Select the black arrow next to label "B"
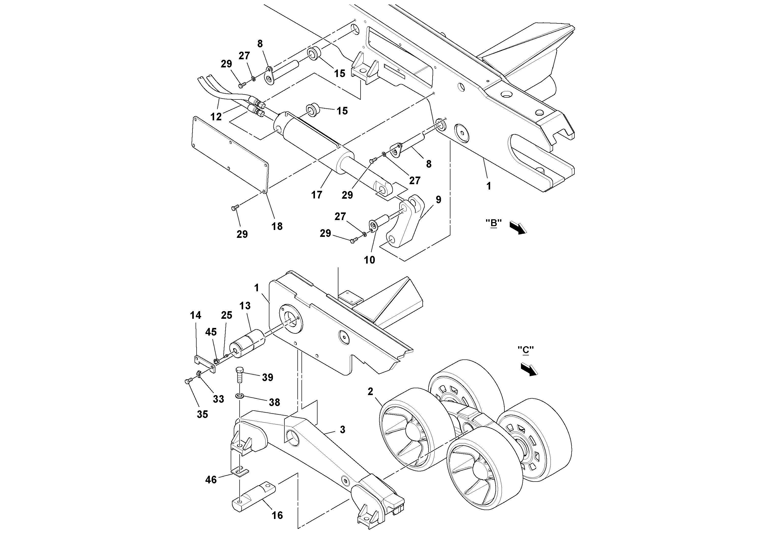click(x=518, y=228)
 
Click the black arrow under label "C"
click(x=529, y=369)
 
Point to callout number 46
click(x=211, y=480)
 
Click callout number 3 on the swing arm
click(x=342, y=429)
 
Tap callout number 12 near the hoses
click(x=216, y=117)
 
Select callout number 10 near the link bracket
click(x=369, y=260)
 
